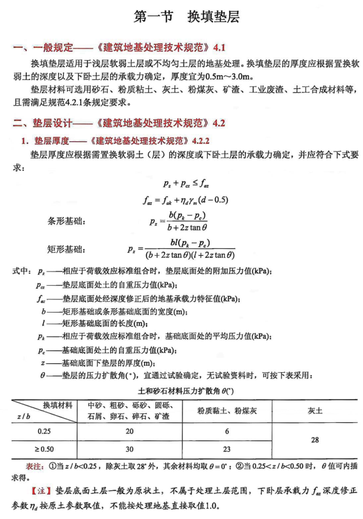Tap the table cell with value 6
click(x=227, y=431)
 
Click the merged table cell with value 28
click(x=315, y=440)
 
